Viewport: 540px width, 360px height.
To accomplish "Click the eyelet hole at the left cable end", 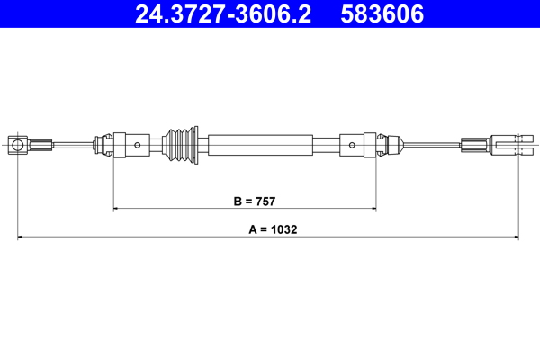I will click(17, 143).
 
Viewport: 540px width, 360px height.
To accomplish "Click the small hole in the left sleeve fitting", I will click(136, 144).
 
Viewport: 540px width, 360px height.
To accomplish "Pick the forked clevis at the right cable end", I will click(509, 143).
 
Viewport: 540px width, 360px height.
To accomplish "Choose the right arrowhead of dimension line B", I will click(373, 209).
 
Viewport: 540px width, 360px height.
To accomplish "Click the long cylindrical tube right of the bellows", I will click(261, 144).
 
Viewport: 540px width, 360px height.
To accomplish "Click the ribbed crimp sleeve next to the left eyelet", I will click(40, 143).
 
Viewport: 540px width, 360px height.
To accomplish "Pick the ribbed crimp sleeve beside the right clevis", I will click(473, 143).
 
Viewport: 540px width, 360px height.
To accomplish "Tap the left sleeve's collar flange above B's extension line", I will click(113, 144).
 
